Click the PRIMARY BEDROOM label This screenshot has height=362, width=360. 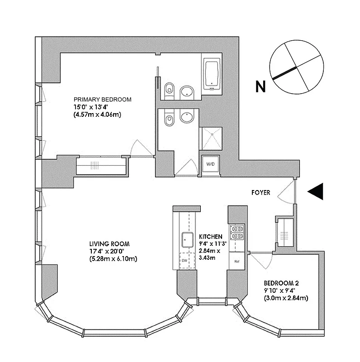pos(103,100)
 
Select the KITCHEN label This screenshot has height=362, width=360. pos(211,236)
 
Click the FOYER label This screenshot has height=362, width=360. pos(261,193)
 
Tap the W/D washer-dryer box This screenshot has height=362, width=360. pos(210,164)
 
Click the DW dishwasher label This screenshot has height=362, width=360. pos(185,261)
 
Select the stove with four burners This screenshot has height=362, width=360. pos(237,232)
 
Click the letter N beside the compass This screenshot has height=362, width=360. pos(260,86)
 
